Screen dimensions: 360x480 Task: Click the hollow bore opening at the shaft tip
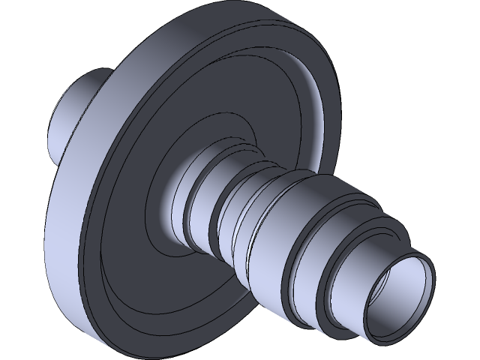tap(401, 296)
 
